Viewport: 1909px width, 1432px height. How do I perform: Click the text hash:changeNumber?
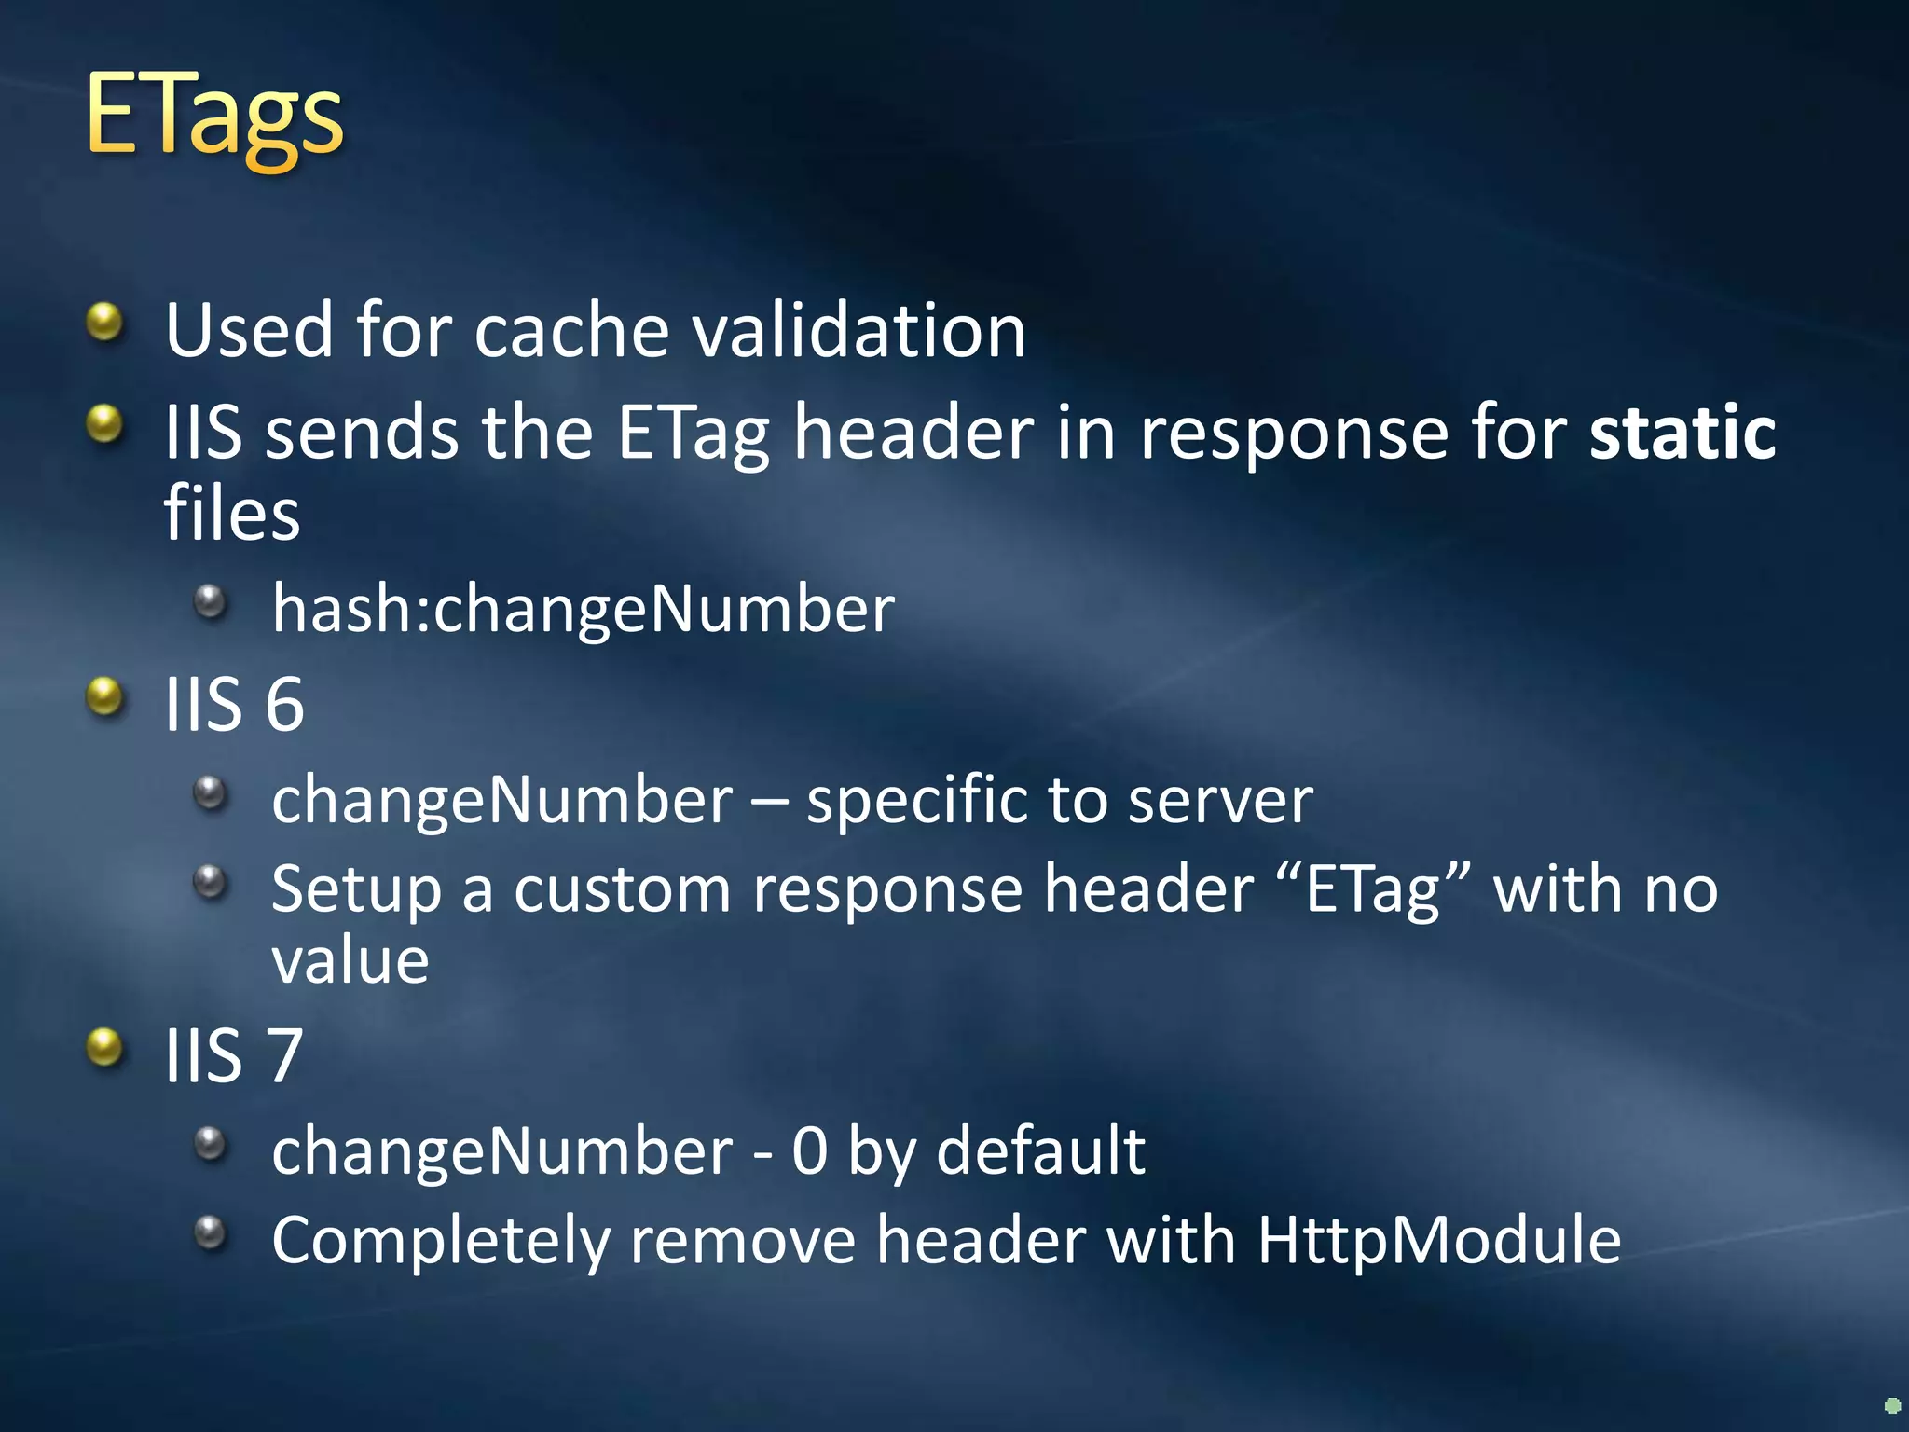pos(584,609)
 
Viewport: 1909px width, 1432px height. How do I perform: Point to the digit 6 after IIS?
pos(284,704)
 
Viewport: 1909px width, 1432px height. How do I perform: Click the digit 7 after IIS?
pos(284,1055)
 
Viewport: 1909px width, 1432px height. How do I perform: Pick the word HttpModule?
pos(1439,1240)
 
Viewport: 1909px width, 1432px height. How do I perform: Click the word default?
pos(1040,1150)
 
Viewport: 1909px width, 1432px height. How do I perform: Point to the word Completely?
pos(441,1242)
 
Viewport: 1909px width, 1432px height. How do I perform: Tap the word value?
pos(350,960)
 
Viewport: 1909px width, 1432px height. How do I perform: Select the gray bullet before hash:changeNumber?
pos(211,601)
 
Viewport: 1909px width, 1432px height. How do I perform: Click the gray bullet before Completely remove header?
pos(211,1232)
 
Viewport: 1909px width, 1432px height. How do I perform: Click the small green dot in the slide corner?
pos(1892,1406)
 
